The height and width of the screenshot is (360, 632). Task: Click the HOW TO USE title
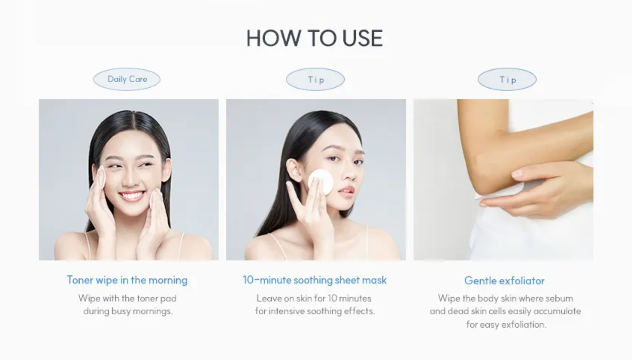315,38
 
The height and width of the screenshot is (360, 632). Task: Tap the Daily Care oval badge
127,79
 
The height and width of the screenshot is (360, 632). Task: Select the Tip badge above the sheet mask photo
316,79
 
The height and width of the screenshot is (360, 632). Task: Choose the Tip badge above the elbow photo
507,79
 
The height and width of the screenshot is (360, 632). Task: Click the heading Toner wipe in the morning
127,280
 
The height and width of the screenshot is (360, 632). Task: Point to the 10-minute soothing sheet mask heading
315,280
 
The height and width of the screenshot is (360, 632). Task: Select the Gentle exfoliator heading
505,281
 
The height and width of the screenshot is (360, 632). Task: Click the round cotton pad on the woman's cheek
321,182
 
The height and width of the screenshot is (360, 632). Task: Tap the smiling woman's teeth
132,195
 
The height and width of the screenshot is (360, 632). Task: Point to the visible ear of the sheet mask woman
294,169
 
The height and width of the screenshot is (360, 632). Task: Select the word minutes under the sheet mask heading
355,298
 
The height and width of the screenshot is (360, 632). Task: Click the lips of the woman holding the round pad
346,191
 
